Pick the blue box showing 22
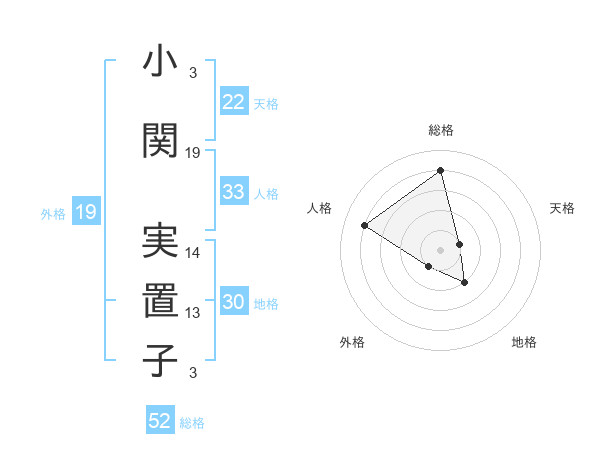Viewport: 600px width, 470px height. pos(234,102)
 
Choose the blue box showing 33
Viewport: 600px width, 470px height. pos(234,192)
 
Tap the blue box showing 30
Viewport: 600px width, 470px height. pos(234,302)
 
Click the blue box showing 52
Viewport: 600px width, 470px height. pos(160,421)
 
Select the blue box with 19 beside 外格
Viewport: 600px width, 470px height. pos(85,212)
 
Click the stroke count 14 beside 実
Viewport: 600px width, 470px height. pos(193,253)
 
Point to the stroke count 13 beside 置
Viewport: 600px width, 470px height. pos(193,313)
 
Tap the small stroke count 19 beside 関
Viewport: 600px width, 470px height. pos(193,153)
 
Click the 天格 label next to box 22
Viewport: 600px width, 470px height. pos(266,103)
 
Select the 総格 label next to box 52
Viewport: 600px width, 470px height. pos(192,423)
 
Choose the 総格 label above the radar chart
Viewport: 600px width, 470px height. pos(441,130)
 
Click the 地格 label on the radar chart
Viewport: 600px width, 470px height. pos(524,342)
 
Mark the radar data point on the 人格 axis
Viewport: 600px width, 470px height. pos(364,226)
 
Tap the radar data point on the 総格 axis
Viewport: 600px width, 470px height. pos(440,171)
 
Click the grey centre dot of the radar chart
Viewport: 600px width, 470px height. pos(440,249)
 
